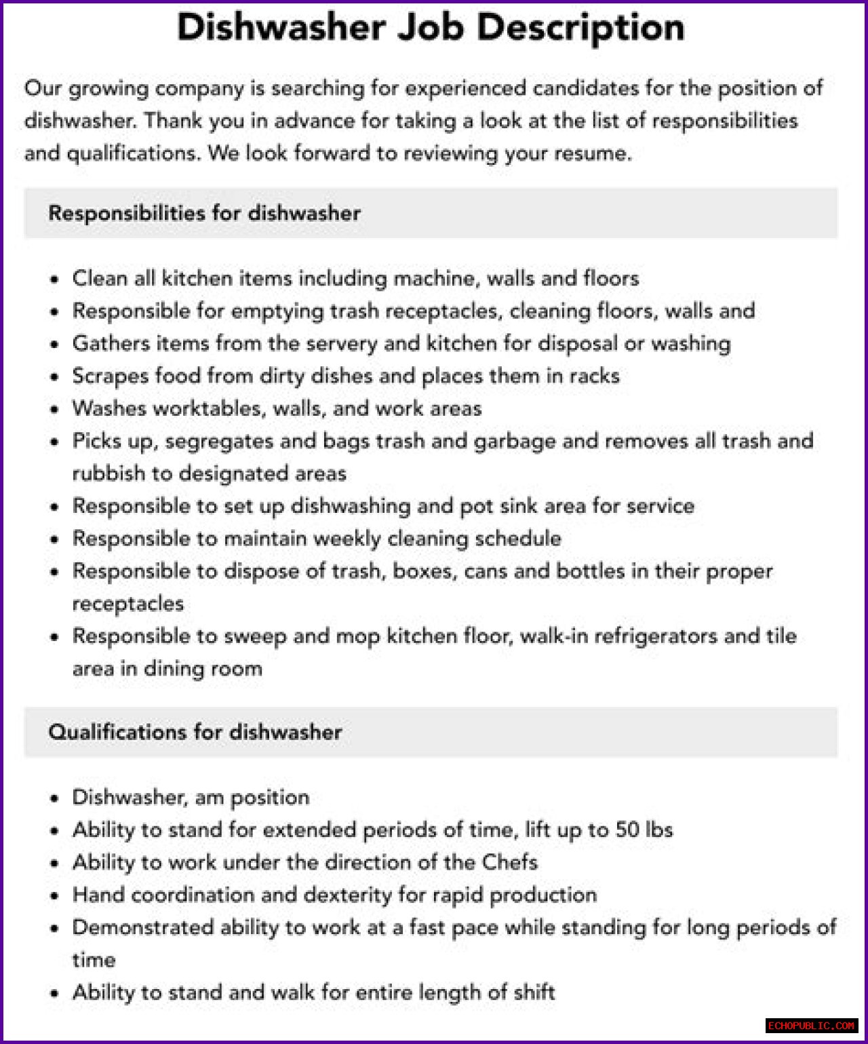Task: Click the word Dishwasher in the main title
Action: click(281, 28)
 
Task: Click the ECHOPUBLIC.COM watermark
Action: click(812, 1025)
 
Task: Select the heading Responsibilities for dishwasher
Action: click(204, 213)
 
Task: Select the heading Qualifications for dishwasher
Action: click(195, 732)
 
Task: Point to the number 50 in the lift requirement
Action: click(627, 830)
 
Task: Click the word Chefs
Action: click(510, 862)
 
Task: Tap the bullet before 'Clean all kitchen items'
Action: click(55, 279)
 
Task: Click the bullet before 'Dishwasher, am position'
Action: click(55, 798)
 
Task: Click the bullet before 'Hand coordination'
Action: click(55, 896)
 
